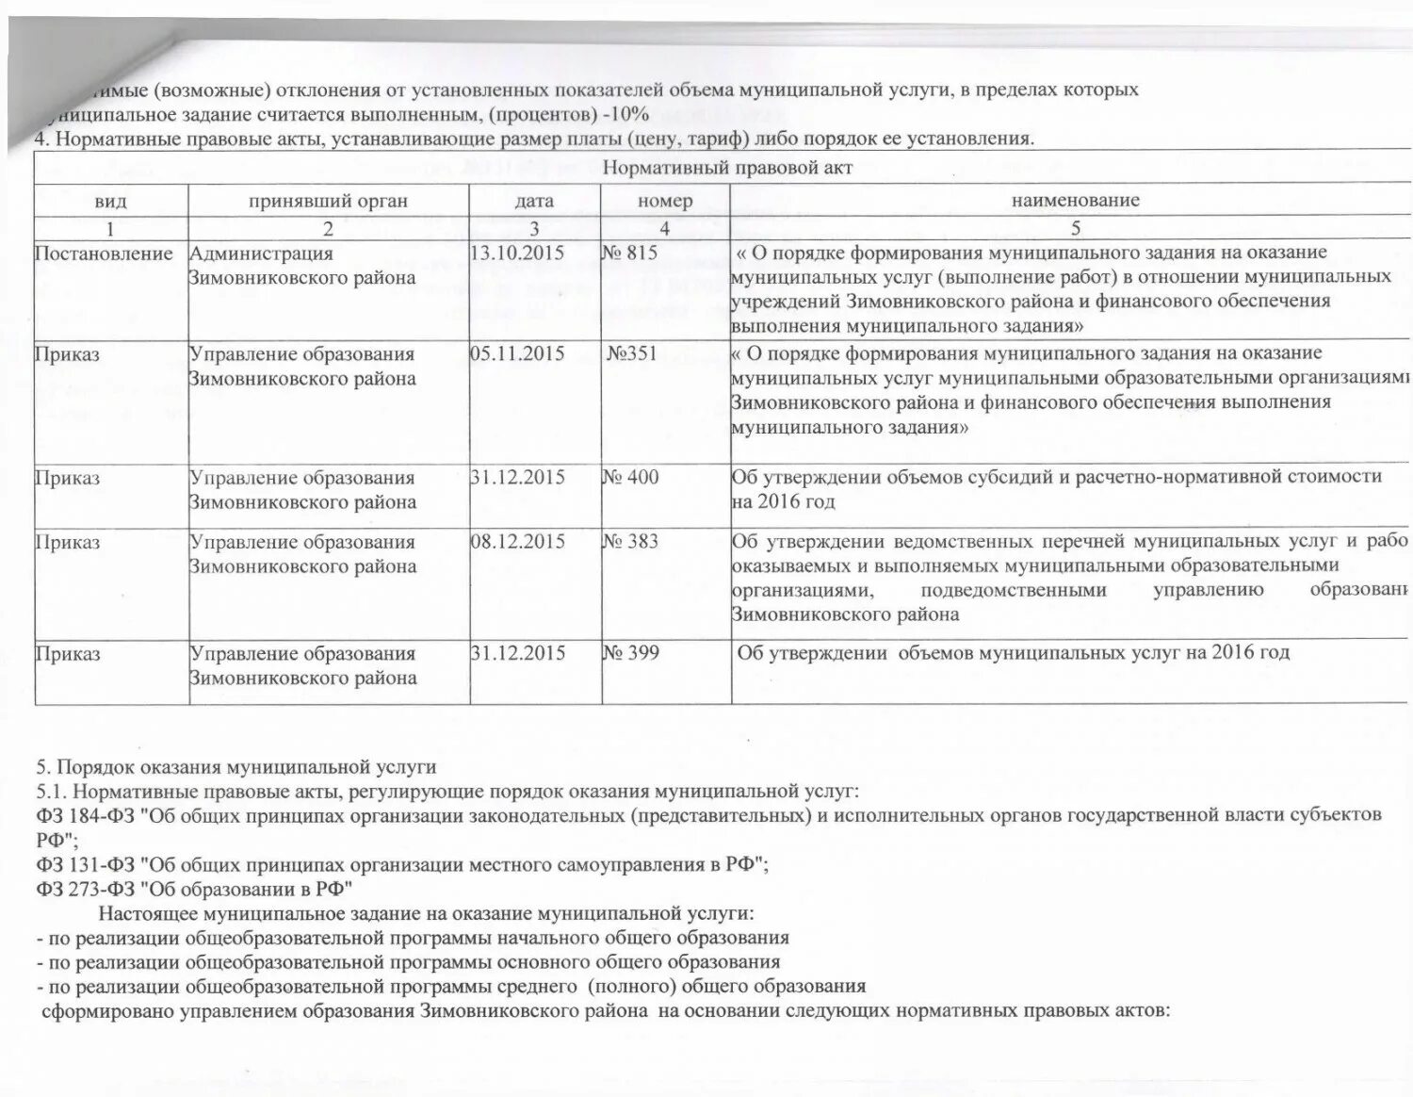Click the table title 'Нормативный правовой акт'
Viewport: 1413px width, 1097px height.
click(726, 168)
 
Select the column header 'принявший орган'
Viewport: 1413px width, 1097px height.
click(328, 201)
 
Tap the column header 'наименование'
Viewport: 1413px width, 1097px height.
click(1075, 200)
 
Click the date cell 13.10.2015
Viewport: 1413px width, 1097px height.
click(517, 253)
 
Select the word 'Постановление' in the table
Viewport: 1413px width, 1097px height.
click(104, 254)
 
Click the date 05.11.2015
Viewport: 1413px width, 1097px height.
click(517, 353)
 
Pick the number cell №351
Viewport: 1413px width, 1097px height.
click(631, 353)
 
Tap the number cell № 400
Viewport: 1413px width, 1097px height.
click(631, 477)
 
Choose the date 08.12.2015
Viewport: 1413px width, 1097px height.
click(517, 541)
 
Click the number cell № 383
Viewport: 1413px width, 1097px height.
click(631, 541)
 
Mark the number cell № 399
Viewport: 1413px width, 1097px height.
click(631, 652)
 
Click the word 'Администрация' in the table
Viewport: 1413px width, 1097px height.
click(261, 254)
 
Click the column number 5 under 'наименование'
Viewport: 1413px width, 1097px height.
click(1075, 228)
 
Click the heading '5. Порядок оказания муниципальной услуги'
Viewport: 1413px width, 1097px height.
click(236, 766)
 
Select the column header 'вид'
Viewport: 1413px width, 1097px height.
click(110, 201)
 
